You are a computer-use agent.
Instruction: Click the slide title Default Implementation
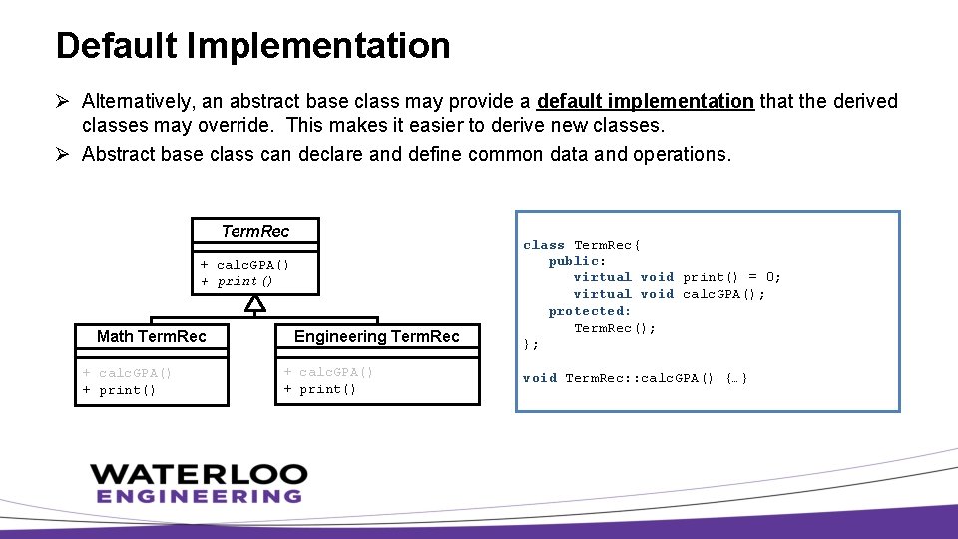coord(252,46)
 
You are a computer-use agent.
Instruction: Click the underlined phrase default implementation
coord(645,101)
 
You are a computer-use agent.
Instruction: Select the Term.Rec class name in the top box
coord(255,231)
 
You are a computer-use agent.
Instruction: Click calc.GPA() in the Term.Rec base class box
coord(244,265)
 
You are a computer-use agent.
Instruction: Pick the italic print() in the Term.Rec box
coord(237,281)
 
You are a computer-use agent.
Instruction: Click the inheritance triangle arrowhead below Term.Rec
coord(255,303)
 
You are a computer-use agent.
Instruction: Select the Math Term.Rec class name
coord(151,336)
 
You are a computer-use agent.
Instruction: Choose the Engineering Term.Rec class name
coord(377,336)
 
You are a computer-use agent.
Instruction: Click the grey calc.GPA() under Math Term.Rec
coord(127,373)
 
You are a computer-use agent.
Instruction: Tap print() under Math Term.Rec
coord(119,390)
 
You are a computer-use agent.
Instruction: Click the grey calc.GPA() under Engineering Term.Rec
coord(328,372)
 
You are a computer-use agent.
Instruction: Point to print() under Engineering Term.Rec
coord(320,389)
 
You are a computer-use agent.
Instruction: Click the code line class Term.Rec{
coord(583,245)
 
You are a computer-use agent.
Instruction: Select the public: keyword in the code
coord(577,261)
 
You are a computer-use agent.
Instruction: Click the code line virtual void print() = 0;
coord(677,277)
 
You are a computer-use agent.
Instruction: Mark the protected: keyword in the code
coord(590,311)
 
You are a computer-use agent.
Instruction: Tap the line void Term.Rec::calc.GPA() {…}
coord(636,378)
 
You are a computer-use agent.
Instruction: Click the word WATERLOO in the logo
coord(198,473)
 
